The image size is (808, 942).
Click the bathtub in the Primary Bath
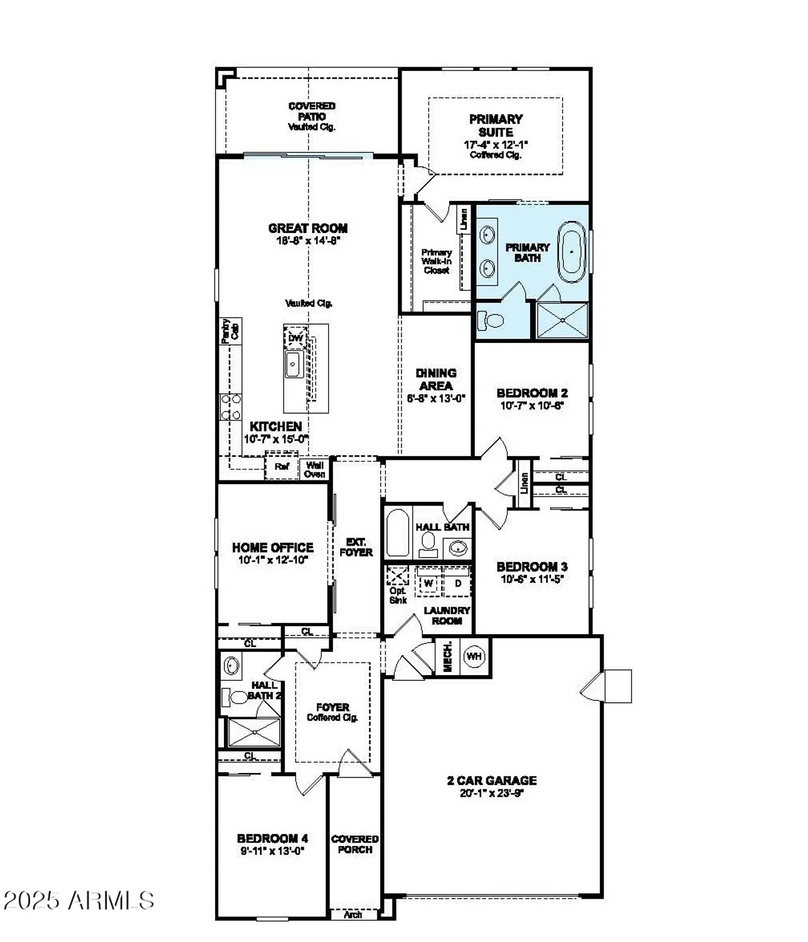(571, 251)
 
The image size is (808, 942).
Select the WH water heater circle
(474, 656)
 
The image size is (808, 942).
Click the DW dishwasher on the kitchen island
(295, 338)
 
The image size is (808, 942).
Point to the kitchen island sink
(293, 364)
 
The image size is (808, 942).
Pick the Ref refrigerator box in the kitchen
(282, 467)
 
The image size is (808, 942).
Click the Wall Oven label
(315, 469)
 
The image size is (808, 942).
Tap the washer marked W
(429, 583)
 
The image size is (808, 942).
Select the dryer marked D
(458, 583)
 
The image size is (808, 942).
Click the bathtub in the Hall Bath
(398, 533)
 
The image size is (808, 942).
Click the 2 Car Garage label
(492, 781)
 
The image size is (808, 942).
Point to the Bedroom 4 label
(272, 838)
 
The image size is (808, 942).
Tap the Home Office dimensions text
(273, 560)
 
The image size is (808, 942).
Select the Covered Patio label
(312, 111)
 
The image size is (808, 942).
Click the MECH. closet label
(448, 657)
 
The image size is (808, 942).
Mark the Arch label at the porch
(353, 915)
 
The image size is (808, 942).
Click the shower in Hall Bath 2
(254, 732)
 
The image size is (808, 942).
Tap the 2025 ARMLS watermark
(79, 900)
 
